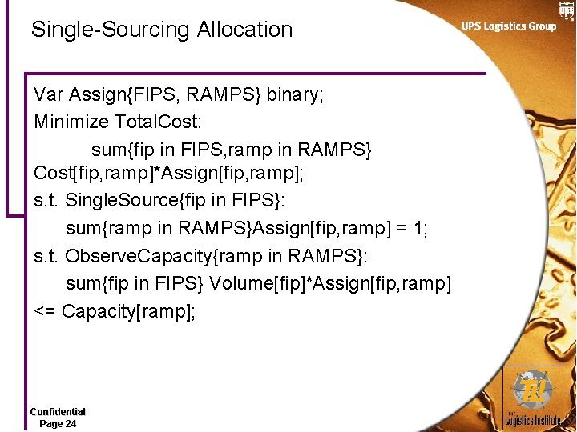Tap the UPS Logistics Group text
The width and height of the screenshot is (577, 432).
(508, 26)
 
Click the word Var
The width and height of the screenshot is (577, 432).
(49, 95)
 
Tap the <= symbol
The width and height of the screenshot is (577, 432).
(45, 310)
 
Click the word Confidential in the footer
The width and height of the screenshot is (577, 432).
(58, 411)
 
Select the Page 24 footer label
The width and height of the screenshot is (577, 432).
(58, 423)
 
